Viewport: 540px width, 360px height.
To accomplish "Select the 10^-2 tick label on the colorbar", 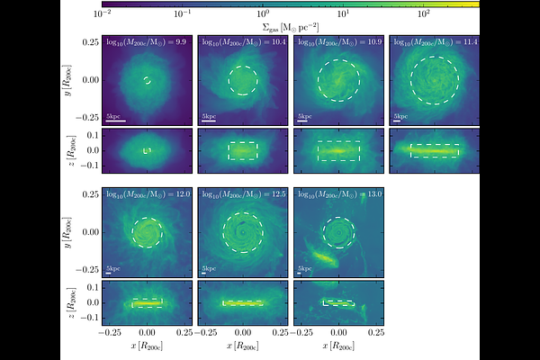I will [103, 14].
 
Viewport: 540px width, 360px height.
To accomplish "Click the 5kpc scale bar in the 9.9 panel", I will [115, 121].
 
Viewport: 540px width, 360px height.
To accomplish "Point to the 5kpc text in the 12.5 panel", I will [209, 268].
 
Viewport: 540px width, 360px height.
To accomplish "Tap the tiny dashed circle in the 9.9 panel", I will [147, 81].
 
